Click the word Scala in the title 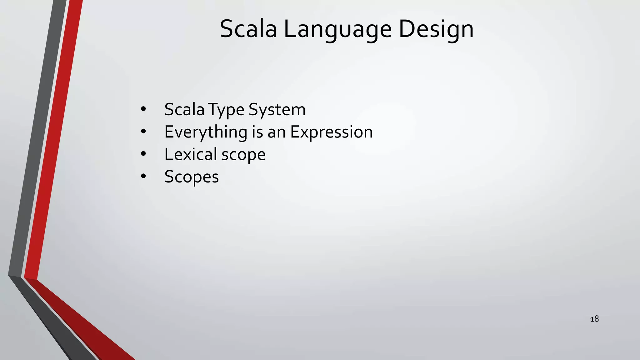point(248,29)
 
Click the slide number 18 point(594,319)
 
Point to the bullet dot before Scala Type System point(143,109)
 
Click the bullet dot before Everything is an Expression point(143,132)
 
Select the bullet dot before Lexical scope point(143,154)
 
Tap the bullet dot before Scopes point(143,177)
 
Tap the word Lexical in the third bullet point(191,154)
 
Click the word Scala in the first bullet point(184,109)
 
